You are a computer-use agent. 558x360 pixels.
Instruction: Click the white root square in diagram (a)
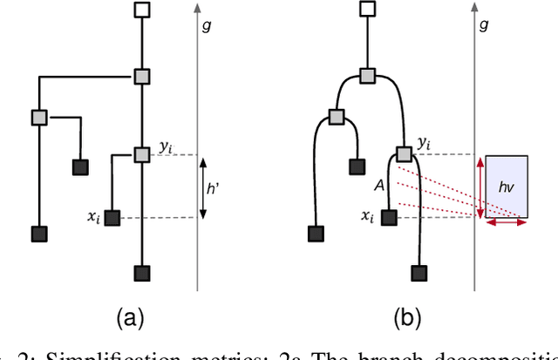(x=142, y=11)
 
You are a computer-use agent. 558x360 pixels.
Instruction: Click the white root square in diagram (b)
(x=367, y=10)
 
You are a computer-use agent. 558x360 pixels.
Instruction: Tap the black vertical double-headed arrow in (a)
(x=202, y=187)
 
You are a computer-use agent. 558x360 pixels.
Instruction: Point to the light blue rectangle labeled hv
(x=507, y=186)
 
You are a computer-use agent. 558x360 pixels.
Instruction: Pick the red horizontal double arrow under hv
(x=507, y=223)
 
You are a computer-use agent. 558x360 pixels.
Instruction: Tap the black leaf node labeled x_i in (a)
(x=111, y=218)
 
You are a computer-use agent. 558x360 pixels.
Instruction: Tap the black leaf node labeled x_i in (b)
(x=390, y=217)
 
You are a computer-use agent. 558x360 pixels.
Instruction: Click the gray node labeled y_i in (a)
(x=142, y=154)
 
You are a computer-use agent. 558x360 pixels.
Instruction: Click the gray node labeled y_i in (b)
(x=404, y=154)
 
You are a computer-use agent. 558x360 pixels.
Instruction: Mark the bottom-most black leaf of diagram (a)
(x=142, y=273)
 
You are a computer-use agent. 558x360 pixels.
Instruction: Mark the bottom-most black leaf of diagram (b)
(x=421, y=273)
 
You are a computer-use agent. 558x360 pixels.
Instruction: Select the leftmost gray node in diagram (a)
(x=38, y=116)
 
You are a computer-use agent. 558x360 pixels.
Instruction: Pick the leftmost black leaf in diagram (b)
(x=316, y=234)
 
